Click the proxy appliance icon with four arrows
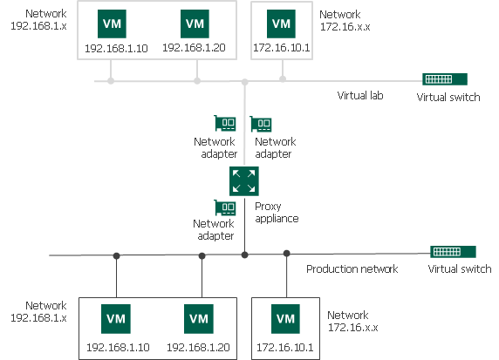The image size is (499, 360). coord(244,181)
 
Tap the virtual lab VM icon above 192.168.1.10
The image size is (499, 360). coord(112,23)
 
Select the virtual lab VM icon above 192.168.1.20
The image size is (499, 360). coord(195,23)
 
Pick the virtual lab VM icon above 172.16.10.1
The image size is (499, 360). coord(281,23)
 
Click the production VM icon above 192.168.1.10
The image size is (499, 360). coord(116,318)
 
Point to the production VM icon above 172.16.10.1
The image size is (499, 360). coord(285,318)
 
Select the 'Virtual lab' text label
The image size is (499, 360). coord(360,96)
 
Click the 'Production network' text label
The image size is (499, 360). coord(352,268)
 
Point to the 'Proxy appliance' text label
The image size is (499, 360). coord(277,212)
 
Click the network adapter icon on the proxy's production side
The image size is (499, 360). coord(225,208)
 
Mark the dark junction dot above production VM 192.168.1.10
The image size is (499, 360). coord(116,255)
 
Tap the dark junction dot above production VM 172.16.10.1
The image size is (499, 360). coord(286,254)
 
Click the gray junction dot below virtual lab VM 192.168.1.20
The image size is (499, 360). coord(196,81)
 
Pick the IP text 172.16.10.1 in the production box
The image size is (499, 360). coord(285,348)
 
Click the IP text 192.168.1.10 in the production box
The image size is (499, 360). coord(118,348)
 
